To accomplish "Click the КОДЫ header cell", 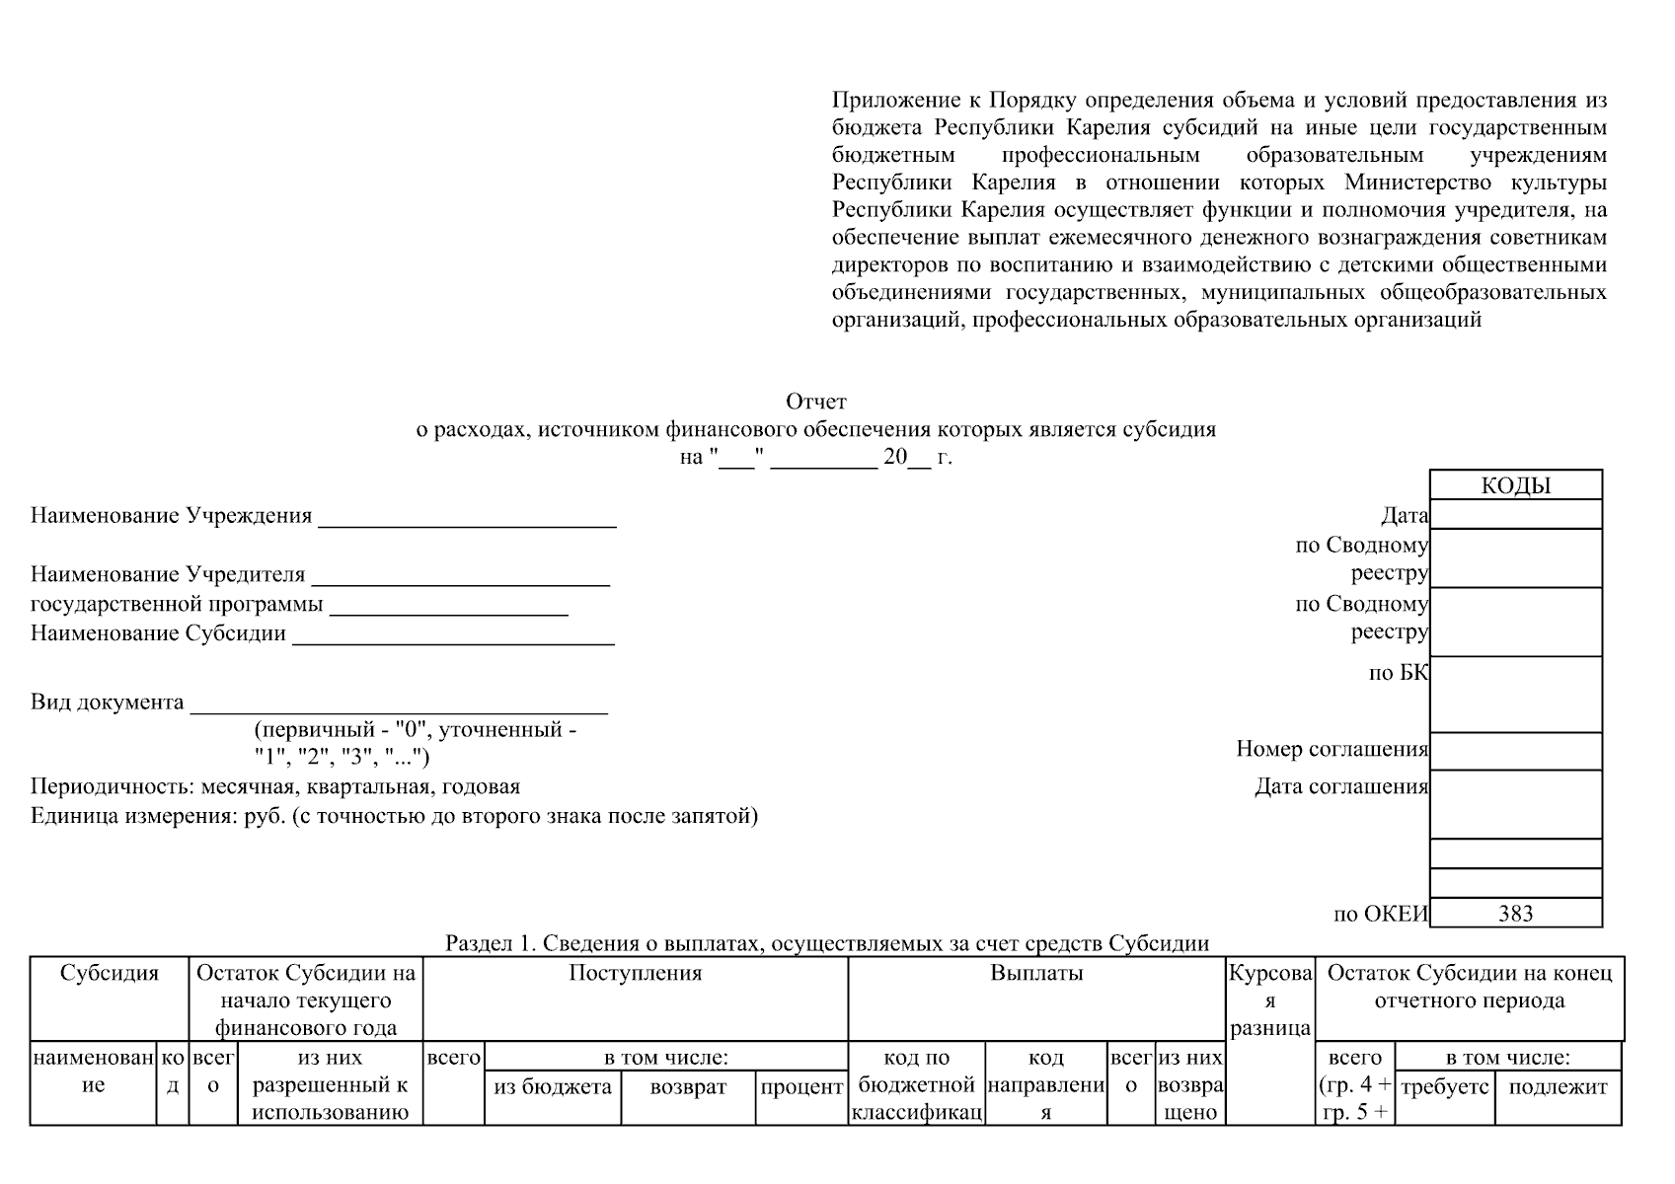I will (x=1515, y=485).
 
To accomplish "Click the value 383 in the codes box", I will (x=1515, y=913).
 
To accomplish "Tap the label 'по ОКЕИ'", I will (x=1380, y=914).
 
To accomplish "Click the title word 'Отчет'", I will (x=815, y=402).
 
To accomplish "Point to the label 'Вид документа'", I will (x=107, y=703).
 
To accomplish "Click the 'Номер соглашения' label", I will (x=1332, y=749).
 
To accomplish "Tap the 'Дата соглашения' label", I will (x=1340, y=786).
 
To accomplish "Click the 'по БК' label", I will (x=1398, y=673).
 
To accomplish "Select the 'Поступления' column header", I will (x=635, y=973).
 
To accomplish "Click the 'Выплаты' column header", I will (x=1036, y=973).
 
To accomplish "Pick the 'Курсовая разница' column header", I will (x=1269, y=1000).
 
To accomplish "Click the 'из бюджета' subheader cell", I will (x=553, y=1087).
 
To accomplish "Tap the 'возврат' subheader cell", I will (x=688, y=1087).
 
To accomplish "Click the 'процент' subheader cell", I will (x=801, y=1087).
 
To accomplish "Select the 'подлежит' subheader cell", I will (x=1558, y=1087).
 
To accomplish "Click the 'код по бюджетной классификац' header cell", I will (x=916, y=1085).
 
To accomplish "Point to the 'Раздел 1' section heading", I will (x=827, y=943).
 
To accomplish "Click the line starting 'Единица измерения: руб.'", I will (x=394, y=816).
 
